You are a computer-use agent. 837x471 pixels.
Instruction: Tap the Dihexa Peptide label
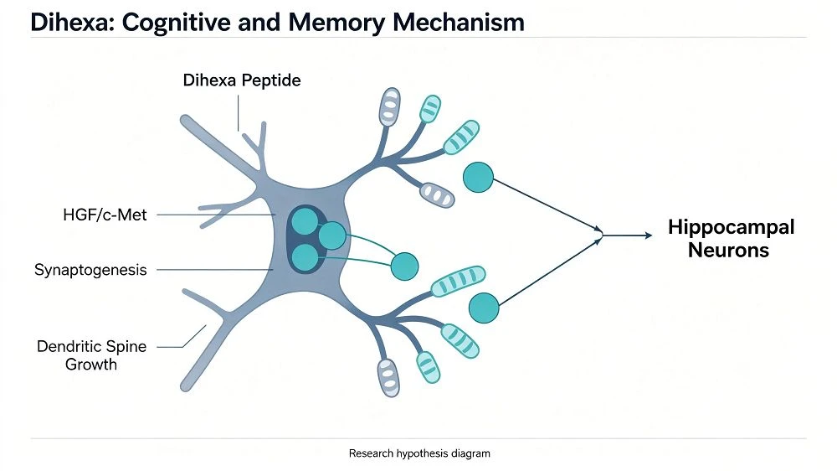point(242,80)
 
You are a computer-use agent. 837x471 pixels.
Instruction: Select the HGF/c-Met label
point(105,215)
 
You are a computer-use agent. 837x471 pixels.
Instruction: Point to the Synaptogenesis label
point(90,270)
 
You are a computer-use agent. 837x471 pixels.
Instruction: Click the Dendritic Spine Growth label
point(91,355)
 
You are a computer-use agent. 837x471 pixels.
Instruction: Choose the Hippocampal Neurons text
point(731,239)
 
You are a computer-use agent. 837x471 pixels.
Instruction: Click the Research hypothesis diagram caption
point(419,453)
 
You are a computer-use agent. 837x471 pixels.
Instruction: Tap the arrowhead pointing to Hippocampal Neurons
point(649,235)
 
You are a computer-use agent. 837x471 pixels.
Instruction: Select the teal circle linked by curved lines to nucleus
point(404,267)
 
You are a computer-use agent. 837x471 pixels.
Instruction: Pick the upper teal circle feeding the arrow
point(478,178)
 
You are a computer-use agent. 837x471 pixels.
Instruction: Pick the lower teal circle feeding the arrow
point(484,308)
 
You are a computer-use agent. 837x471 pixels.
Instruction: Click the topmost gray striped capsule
point(390,107)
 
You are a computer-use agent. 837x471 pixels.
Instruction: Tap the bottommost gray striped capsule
point(388,378)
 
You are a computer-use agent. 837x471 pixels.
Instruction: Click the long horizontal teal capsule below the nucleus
point(458,282)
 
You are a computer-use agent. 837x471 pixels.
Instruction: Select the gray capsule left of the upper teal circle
point(437,195)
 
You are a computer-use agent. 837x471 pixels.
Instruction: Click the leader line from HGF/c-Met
point(216,215)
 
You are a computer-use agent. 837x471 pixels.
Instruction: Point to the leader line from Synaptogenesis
point(215,270)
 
